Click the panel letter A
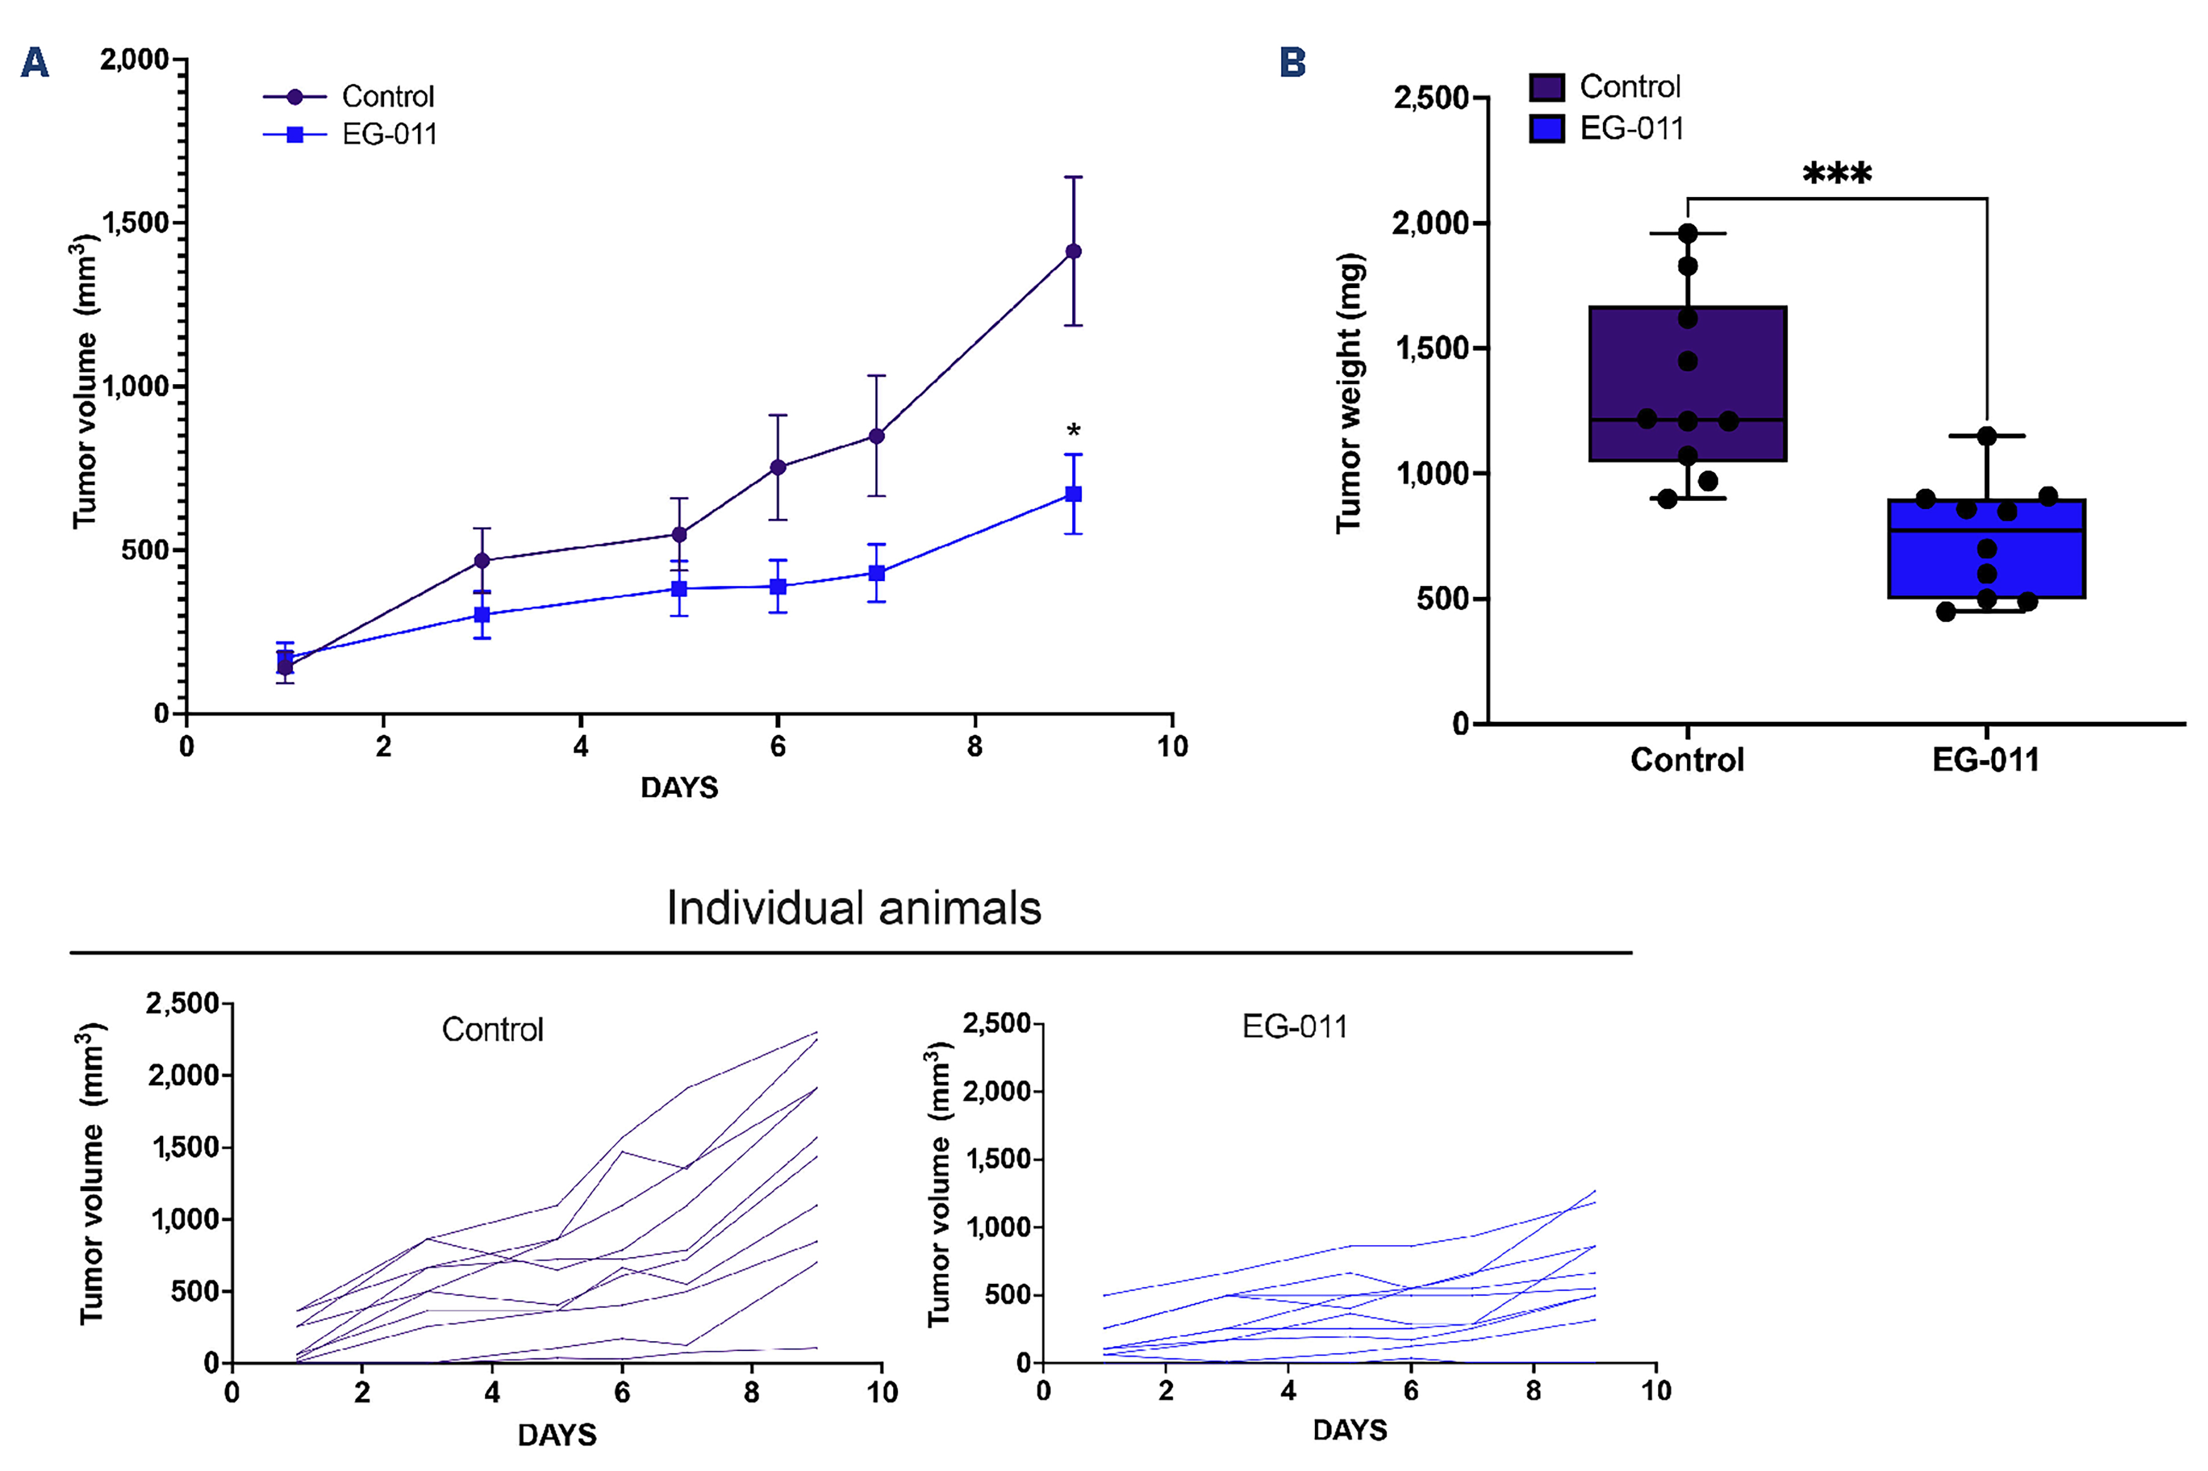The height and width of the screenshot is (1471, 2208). (35, 63)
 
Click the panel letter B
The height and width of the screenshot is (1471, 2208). (1292, 63)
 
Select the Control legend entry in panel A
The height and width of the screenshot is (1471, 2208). (387, 97)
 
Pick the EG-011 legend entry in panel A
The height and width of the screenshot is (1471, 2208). (389, 134)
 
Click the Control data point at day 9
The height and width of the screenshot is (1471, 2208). (1073, 251)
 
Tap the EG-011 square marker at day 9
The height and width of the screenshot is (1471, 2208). (1074, 494)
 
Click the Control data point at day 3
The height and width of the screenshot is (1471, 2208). (482, 561)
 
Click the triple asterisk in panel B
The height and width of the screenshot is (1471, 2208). (1837, 174)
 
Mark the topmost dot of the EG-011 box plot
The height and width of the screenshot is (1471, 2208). (1987, 436)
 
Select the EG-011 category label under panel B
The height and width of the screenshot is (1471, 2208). (1986, 759)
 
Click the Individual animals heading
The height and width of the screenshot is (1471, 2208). (854, 908)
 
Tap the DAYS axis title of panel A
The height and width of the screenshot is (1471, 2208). (679, 787)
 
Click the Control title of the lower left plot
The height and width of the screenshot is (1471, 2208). (492, 1030)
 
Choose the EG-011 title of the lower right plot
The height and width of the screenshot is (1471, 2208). (1294, 1028)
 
